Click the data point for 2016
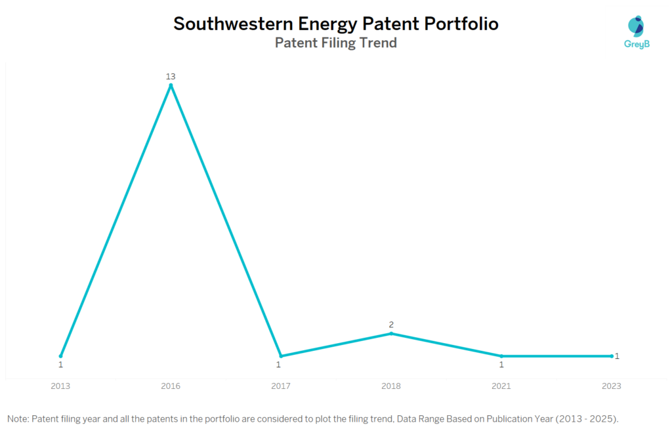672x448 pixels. [x=171, y=85]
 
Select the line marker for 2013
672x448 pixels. [x=61, y=356]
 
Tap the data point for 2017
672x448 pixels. [x=281, y=356]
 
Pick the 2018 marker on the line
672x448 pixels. [x=391, y=333]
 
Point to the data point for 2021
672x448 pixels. [x=501, y=356]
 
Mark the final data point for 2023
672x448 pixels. [x=612, y=356]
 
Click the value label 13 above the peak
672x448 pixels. [x=171, y=77]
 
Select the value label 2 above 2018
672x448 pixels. [x=391, y=325]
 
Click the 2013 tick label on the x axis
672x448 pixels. [x=60, y=386]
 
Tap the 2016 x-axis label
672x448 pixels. [x=171, y=386]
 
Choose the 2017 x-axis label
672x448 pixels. [x=281, y=386]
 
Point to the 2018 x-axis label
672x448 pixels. [x=391, y=386]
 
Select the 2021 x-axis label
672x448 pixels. [x=501, y=386]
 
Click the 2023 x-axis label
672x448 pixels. [x=612, y=386]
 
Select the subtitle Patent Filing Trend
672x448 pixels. [x=335, y=43]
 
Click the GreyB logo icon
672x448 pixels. [x=635, y=26]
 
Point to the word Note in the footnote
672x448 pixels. [x=18, y=418]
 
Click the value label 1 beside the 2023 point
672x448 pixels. [x=618, y=356]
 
